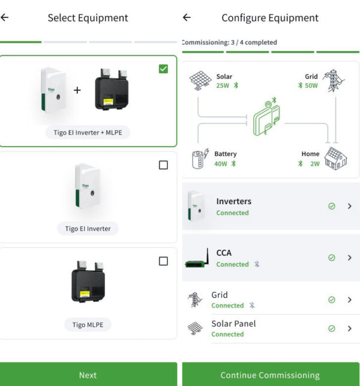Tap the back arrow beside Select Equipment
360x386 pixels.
pos(5,17)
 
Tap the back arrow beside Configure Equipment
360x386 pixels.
pos(187,17)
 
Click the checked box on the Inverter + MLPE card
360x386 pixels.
pos(163,69)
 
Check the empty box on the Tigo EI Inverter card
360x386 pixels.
pos(163,165)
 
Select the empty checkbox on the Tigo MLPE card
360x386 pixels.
pos(163,261)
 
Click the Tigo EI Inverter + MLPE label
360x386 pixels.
pos(88,133)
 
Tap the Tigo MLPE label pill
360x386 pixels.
pos(88,325)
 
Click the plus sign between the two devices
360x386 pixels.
pos(77,90)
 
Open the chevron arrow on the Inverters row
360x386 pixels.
pos(350,206)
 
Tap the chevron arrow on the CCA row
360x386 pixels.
pos(350,258)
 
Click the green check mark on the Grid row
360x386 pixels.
pos(331,300)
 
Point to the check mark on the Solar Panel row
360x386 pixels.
pos(331,328)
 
